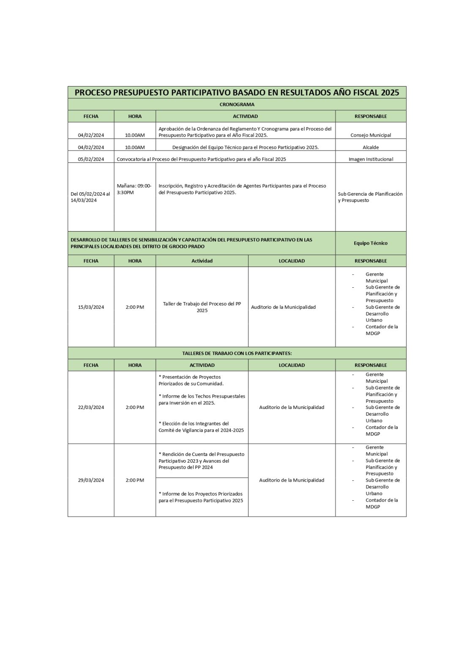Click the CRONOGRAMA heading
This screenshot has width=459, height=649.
pyautogui.click(x=237, y=104)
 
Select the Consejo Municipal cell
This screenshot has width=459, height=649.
pyautogui.click(x=371, y=135)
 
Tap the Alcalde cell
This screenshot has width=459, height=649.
pyautogui.click(x=371, y=147)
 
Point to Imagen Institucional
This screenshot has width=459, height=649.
pyautogui.click(x=371, y=159)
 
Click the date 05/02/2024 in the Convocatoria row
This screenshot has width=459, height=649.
pyautogui.click(x=91, y=159)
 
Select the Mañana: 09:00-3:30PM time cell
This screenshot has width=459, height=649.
pyautogui.click(x=134, y=189)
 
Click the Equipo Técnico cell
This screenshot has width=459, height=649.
pyautogui.click(x=371, y=243)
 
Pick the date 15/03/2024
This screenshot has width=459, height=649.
pyautogui.click(x=91, y=307)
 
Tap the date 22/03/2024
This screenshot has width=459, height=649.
pyautogui.click(x=91, y=407)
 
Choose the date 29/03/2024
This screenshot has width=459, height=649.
pyautogui.click(x=91, y=480)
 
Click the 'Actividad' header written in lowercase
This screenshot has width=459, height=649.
pyautogui.click(x=202, y=261)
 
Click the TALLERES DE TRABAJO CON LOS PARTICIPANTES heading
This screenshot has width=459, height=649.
pyautogui.click(x=237, y=353)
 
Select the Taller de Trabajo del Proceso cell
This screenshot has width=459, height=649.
pyautogui.click(x=202, y=307)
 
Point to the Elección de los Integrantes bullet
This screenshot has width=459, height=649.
pyautogui.click(x=201, y=427)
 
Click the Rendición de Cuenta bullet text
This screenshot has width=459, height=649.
pyautogui.click(x=201, y=461)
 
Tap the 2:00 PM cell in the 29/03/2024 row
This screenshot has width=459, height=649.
pyautogui.click(x=135, y=480)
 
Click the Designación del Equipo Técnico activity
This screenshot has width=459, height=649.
pyautogui.click(x=245, y=147)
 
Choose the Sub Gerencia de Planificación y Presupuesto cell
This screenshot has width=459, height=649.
pyautogui.click(x=370, y=197)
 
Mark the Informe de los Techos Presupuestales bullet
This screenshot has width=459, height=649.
pyautogui.click(x=202, y=400)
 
